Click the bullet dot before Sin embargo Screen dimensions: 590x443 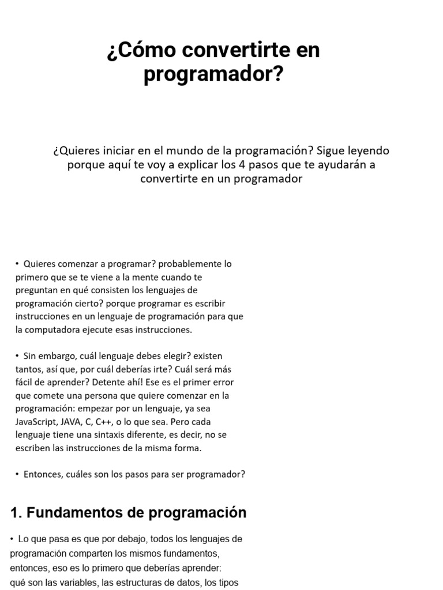(17, 356)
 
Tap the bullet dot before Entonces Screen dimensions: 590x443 (17, 475)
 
